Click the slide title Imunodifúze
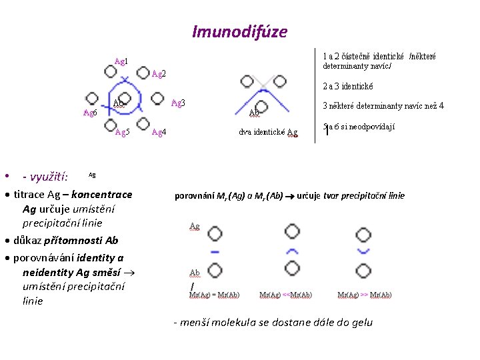click(x=239, y=31)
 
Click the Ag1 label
click(x=121, y=61)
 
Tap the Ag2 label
click(x=159, y=73)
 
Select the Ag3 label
click(x=178, y=103)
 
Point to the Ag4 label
click(x=159, y=132)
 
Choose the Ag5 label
click(x=122, y=132)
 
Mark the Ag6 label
click(x=89, y=113)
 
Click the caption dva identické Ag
click(x=268, y=132)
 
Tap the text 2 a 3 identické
click(x=348, y=86)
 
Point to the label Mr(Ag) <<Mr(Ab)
click(x=286, y=295)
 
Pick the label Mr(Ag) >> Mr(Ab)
click(x=365, y=295)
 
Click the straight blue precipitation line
click(x=215, y=252)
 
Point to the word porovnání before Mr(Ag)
click(x=195, y=196)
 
